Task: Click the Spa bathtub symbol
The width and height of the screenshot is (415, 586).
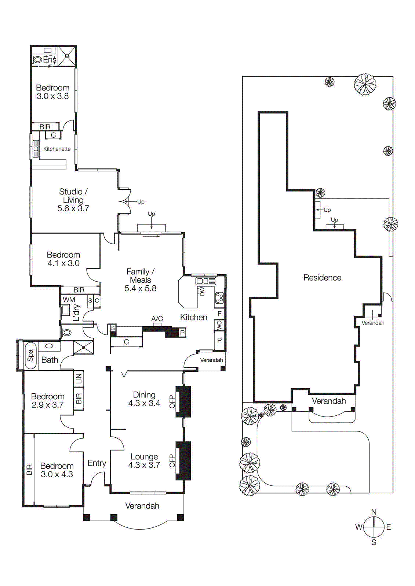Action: (30, 355)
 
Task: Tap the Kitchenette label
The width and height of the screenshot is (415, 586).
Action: (57, 149)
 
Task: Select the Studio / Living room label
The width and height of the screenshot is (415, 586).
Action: (73, 196)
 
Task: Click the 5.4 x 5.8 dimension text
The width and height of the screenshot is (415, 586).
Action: (141, 289)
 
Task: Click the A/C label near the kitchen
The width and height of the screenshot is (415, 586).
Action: (157, 319)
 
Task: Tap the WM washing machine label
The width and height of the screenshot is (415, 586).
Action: (69, 300)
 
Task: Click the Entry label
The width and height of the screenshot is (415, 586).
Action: (97, 463)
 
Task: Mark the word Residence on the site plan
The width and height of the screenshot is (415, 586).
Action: (322, 278)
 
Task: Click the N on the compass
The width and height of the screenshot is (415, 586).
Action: (374, 512)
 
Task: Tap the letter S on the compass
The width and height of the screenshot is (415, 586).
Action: (374, 542)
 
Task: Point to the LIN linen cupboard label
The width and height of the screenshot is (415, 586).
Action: (79, 378)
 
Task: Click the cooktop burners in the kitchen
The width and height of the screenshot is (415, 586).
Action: (219, 297)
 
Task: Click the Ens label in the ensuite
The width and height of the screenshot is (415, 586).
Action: (50, 59)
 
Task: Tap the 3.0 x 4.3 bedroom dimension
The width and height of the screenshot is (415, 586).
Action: (57, 474)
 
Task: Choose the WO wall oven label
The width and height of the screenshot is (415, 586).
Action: (219, 325)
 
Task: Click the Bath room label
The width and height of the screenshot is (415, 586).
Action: (50, 360)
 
